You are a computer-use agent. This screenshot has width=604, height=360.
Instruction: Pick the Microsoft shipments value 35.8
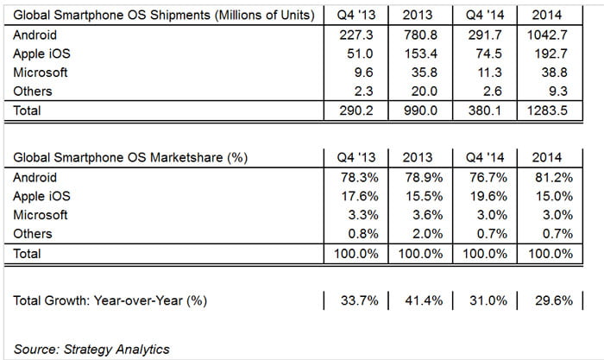(x=419, y=73)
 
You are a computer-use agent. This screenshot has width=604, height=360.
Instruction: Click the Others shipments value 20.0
(x=419, y=92)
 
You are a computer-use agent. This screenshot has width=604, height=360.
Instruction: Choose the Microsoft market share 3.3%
(x=355, y=215)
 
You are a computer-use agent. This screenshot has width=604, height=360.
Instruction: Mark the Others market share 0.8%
(x=355, y=234)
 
